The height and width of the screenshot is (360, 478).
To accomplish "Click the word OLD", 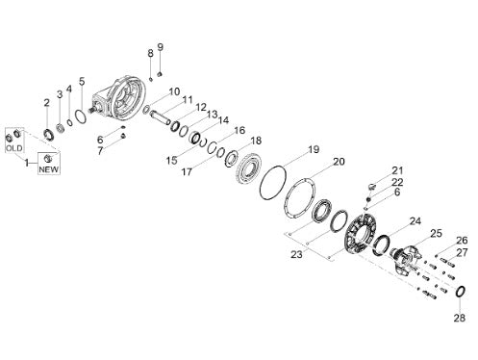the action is click(14, 148).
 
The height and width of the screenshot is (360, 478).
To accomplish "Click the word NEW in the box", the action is click(49, 169).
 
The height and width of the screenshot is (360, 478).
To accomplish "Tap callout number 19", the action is click(314, 149).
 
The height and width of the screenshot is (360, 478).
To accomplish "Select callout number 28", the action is click(459, 318).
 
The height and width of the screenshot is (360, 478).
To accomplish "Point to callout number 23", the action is click(296, 254).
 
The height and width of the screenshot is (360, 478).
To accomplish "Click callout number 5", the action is click(82, 81).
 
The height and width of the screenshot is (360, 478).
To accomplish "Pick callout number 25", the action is click(436, 233).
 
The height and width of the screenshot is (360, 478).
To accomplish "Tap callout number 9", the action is click(161, 47).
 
